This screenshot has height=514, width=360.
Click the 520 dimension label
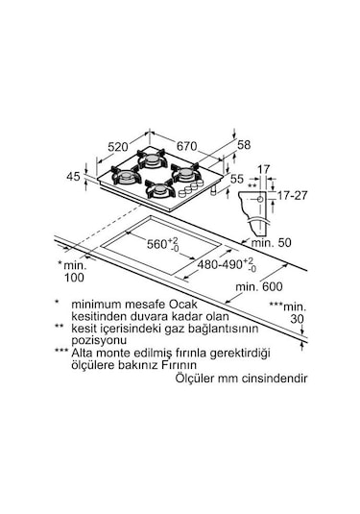click(x=118, y=147)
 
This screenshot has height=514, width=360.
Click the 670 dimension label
click(x=186, y=146)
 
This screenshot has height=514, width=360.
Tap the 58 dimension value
click(x=244, y=145)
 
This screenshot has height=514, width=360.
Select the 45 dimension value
click(x=73, y=177)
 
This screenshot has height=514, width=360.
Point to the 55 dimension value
click(x=237, y=179)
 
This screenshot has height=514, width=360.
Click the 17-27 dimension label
click(x=293, y=195)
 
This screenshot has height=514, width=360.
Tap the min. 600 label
click(x=259, y=287)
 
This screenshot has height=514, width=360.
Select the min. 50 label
click(x=272, y=242)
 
